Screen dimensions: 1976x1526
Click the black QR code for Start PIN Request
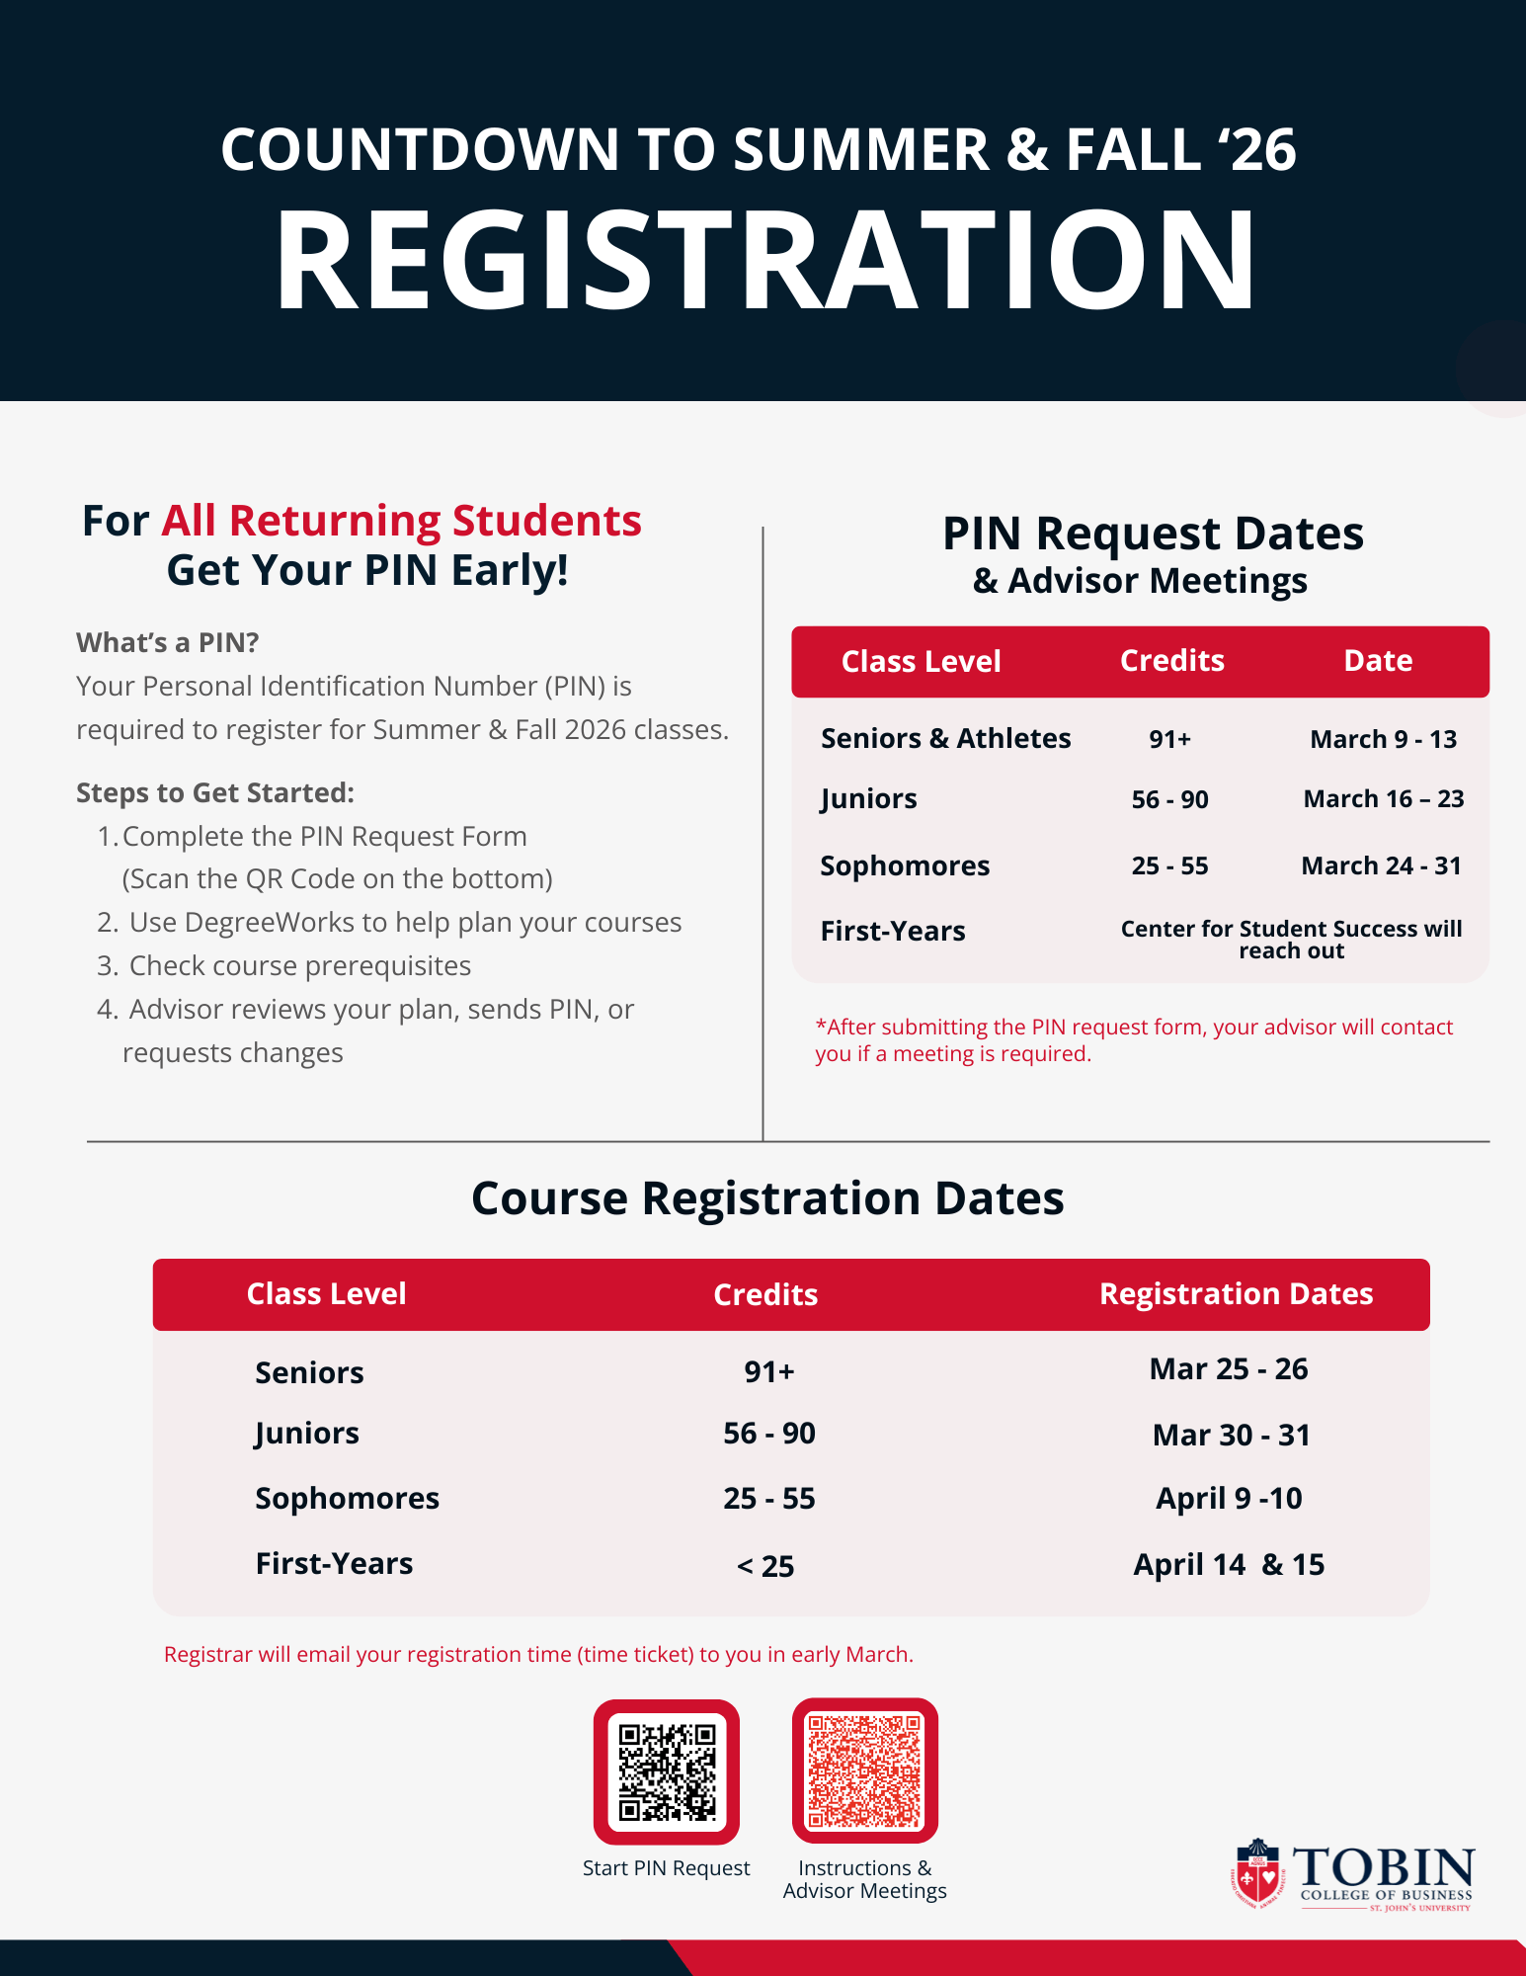coord(667,1771)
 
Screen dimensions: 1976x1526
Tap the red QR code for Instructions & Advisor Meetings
coord(864,1770)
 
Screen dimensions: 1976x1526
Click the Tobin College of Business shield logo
coord(1256,1873)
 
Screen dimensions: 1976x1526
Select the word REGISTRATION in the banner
coord(765,262)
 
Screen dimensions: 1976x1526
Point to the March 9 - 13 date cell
coord(1383,739)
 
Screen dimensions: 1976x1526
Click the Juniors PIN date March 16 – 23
coord(1383,798)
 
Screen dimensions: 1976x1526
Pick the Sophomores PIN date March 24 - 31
coord(1381,865)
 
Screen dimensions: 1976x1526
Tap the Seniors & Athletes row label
coord(945,738)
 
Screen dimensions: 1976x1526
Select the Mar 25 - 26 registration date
coord(1228,1368)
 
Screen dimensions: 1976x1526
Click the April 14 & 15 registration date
coord(1228,1564)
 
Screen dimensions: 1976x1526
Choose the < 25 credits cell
coord(765,1566)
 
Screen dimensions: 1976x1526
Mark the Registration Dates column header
coord(1236,1293)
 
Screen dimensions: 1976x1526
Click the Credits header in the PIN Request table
coord(1171,660)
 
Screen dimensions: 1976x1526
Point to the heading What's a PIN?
coord(168,642)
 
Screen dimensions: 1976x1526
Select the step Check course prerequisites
coord(299,965)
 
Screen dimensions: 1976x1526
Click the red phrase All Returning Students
coord(401,521)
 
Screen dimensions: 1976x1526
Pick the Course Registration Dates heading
coord(767,1197)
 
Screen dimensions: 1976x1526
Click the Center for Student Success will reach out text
coord(1291,940)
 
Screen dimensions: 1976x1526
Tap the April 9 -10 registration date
coord(1229,1498)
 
